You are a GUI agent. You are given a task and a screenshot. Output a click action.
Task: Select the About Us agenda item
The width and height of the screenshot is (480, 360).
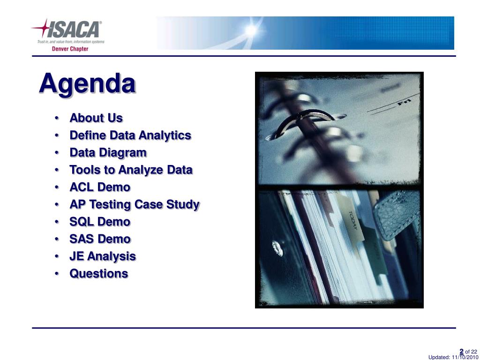tap(96, 118)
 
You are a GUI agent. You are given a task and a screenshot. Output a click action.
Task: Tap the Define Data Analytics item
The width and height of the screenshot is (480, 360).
tap(130, 135)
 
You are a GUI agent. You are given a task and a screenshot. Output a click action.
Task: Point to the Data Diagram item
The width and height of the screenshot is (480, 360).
tap(108, 153)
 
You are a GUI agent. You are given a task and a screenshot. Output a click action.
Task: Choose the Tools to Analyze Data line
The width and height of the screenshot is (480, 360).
tap(131, 170)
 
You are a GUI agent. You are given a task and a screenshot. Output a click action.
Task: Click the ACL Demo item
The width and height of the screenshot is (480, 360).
tap(100, 187)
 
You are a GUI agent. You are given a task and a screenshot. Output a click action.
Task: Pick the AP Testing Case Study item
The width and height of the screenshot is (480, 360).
tap(135, 204)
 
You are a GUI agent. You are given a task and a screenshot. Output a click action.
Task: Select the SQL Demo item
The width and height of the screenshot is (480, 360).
tap(100, 222)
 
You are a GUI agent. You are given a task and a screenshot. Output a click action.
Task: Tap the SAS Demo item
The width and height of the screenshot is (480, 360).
tap(100, 239)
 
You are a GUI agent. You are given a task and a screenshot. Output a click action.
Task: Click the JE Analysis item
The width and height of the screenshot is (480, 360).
tap(103, 256)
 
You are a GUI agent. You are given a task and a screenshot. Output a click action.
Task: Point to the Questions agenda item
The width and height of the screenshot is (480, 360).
tap(98, 274)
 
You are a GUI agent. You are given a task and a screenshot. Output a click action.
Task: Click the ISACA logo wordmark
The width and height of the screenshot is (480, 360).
tap(75, 30)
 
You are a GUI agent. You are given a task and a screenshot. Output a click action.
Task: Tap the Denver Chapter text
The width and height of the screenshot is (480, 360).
tap(70, 49)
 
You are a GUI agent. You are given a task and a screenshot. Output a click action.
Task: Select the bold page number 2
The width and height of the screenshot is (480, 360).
tap(462, 352)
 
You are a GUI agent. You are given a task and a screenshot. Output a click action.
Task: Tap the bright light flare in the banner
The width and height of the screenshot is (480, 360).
tap(251, 30)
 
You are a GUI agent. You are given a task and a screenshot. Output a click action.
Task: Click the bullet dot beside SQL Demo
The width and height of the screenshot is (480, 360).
tap(57, 222)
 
